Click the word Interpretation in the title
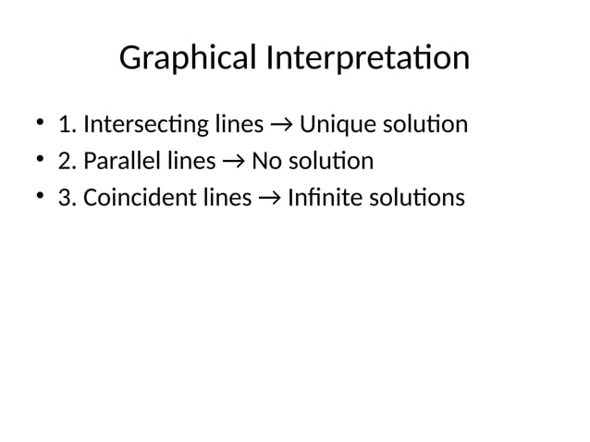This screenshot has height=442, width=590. (x=367, y=60)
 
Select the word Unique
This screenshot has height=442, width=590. (x=336, y=124)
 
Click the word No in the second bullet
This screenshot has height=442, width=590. (x=265, y=162)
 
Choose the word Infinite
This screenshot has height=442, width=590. (x=317, y=199)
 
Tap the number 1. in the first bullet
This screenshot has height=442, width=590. (x=67, y=124)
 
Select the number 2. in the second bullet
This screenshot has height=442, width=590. (x=67, y=162)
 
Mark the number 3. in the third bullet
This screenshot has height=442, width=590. (x=67, y=199)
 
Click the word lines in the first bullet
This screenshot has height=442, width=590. (x=239, y=124)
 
